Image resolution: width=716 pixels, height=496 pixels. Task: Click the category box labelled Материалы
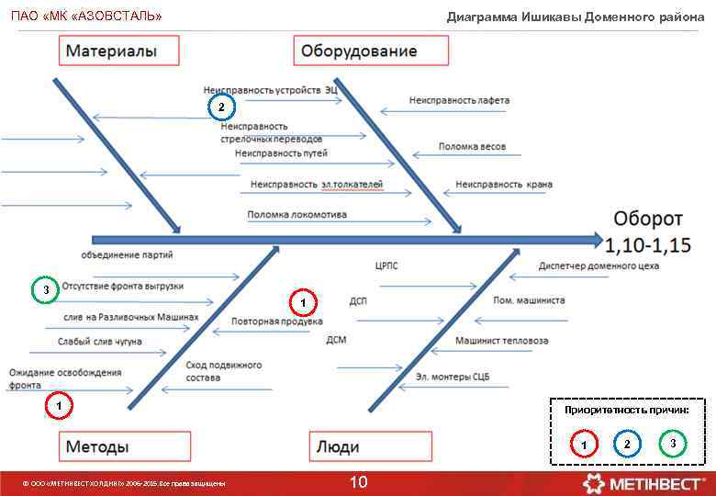coord(109,51)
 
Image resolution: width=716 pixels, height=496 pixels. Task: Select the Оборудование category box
coord(359,51)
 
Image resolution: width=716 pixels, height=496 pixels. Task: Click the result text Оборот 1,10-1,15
coord(648,232)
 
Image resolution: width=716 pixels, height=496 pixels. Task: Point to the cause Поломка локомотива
coord(296,215)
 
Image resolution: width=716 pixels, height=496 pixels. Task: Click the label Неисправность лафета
coord(459,100)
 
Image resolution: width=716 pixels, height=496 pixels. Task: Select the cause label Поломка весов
coord(472,146)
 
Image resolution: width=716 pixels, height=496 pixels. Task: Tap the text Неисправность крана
coord(504,185)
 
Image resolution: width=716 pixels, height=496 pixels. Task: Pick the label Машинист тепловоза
coord(501,341)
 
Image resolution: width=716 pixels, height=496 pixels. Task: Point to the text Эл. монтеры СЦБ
coord(452,377)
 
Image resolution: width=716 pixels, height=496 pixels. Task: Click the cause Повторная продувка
coord(276,322)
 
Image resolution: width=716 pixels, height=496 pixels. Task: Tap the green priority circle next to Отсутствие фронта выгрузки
coord(45,290)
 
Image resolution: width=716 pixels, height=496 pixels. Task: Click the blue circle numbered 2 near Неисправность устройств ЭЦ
coord(220,107)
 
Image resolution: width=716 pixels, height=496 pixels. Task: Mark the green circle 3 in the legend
coord(673,445)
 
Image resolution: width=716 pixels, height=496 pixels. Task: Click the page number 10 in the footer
coord(359,482)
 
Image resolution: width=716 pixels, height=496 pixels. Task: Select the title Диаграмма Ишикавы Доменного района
coord(576,17)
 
